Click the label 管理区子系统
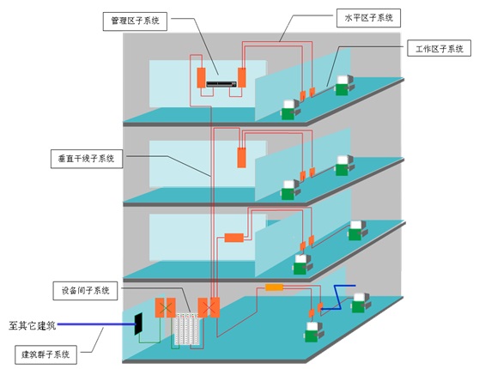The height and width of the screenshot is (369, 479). point(135,21)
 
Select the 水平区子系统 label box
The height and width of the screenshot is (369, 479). point(368,18)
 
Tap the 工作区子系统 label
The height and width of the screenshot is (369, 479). point(439,49)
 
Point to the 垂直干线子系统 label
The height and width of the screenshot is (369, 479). point(87,159)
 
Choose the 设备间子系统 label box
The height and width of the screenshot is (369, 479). point(85,291)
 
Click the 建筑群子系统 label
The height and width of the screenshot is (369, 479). point(45,354)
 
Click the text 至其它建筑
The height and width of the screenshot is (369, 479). point(32,325)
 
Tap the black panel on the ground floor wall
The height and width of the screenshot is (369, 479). point(139,324)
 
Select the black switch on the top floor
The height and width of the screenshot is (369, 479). point(221,84)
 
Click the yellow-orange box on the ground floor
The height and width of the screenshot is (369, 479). point(275,287)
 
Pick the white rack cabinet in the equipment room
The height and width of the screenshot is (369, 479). point(187,330)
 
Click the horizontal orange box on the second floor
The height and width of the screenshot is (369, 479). point(234,238)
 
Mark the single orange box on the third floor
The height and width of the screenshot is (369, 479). point(241,158)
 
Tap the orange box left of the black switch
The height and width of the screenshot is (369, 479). point(202,78)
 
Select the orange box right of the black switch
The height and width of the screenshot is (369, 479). point(242,77)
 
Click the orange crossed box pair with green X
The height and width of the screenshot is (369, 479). point(166,307)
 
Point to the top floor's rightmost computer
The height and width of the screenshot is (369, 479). point(345,85)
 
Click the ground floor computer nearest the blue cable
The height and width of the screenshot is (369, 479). point(361,303)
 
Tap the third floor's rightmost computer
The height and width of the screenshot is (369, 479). point(345,166)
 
